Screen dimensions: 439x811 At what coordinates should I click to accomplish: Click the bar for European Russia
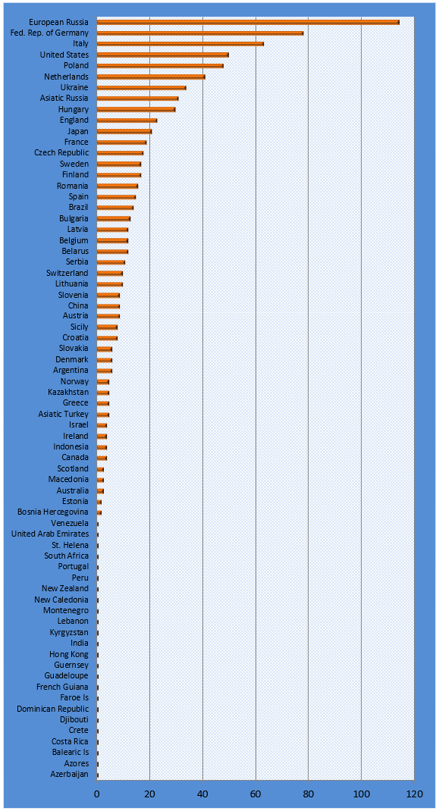pos(248,22)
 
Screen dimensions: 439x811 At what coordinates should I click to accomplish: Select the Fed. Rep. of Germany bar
pos(200,33)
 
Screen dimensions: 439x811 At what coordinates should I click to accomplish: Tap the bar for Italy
pos(180,44)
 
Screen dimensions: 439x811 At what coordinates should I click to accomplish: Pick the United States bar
pos(162,55)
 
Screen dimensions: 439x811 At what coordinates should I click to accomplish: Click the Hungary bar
pos(136,110)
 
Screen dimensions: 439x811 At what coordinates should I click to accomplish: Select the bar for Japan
pos(124,131)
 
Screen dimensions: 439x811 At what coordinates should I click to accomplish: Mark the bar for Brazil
pos(115,208)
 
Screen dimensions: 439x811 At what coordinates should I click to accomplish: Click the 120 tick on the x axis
pos(414,794)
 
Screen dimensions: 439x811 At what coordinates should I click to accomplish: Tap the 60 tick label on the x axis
pos(256,794)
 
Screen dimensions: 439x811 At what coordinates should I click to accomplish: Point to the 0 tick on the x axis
pos(97,794)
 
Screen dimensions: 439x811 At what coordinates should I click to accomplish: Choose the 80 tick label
pos(309,794)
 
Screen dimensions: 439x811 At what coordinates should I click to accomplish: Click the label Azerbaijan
pos(69,775)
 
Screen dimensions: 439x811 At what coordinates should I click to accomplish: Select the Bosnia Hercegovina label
pos(53,512)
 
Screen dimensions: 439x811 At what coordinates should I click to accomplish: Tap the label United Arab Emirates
pos(50,534)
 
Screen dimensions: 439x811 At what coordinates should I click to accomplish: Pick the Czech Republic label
pos(61,152)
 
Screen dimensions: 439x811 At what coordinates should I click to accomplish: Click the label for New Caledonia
pos(61,600)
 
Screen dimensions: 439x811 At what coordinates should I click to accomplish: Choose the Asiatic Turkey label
pos(63,414)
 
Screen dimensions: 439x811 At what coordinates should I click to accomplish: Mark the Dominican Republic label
pos(53,709)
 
